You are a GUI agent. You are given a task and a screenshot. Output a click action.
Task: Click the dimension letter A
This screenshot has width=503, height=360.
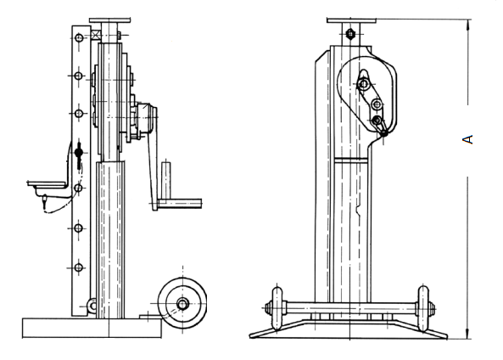pos(467,139)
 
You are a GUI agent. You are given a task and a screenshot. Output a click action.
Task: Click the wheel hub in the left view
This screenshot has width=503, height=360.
pos(183,303)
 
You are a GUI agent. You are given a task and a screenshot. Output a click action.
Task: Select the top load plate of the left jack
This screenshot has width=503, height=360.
pos(110,20)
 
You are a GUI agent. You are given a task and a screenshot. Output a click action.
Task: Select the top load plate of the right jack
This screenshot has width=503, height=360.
pos(351,20)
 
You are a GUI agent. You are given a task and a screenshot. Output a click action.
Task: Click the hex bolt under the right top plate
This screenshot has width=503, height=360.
pos(350,33)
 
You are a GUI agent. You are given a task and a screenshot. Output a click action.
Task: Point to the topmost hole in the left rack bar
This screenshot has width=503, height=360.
pos(79,38)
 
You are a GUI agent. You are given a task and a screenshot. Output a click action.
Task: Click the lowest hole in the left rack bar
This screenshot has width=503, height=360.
pos(79,267)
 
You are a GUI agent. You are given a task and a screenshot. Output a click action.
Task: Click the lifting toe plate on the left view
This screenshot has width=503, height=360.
pos(48,184)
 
